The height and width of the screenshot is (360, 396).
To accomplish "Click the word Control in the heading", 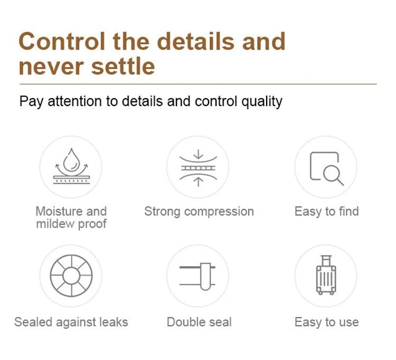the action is point(62,41).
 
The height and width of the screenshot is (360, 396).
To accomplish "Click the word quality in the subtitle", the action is point(262,102).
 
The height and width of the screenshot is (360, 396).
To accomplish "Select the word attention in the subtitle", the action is point(75,101).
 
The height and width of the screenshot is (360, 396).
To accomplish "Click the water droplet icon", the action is point(71,160).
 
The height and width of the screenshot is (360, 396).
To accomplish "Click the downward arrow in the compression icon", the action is point(199,154).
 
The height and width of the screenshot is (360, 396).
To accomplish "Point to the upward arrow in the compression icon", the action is point(199,182).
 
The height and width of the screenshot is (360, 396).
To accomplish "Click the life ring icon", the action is point(71,276).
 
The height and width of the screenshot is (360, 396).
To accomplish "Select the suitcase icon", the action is point(326,275).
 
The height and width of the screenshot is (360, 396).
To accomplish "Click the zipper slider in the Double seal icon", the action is point(205,277).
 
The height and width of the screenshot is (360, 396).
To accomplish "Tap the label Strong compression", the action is point(199,212).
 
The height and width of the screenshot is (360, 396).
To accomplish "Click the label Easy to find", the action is point(326,211).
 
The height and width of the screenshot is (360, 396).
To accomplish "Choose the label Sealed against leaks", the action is point(71,322).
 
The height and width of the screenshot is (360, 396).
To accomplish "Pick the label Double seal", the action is point(199,322).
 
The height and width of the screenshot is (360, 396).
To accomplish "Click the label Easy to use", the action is point(326,322).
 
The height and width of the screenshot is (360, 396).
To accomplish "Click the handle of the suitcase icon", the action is point(326,261).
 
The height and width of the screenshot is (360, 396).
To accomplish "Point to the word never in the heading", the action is point(51,67).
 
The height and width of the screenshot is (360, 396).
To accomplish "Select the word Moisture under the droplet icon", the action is point(59,211).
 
